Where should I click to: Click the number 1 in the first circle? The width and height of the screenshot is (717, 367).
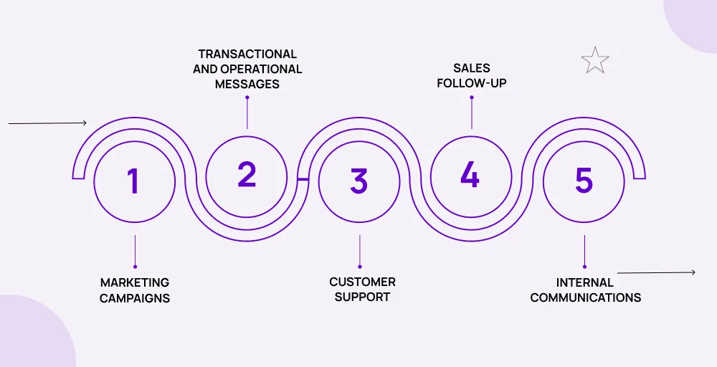[x=133, y=181]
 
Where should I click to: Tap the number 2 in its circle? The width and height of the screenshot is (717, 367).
[x=247, y=175]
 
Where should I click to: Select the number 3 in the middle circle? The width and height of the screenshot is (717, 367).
[x=359, y=181]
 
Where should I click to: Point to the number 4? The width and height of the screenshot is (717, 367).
[x=470, y=175]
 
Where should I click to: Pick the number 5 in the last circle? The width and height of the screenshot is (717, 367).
[x=584, y=181]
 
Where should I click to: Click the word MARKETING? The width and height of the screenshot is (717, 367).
[x=135, y=282]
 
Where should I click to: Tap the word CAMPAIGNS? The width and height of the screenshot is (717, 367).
[x=135, y=298]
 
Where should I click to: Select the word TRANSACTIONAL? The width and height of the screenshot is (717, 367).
[x=247, y=54]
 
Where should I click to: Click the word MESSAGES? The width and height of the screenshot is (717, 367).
[x=247, y=84]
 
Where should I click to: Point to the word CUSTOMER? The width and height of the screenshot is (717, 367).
[x=363, y=282]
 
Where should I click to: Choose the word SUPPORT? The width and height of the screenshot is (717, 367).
[x=363, y=297]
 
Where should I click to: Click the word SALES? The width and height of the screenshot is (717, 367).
[x=472, y=68]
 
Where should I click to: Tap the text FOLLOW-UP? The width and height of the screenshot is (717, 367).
[x=472, y=83]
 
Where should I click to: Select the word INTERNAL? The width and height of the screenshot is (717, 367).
[x=585, y=282]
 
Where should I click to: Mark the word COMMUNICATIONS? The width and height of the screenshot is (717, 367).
[x=586, y=297]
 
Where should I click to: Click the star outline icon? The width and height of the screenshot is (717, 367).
[x=595, y=60]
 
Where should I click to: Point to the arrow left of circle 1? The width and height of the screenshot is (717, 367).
[x=47, y=123]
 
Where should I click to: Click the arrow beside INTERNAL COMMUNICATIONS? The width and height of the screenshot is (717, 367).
[x=656, y=273]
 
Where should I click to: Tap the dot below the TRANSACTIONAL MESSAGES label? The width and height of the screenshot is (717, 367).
[x=247, y=97]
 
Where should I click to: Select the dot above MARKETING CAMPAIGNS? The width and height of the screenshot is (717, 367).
[x=135, y=267]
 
